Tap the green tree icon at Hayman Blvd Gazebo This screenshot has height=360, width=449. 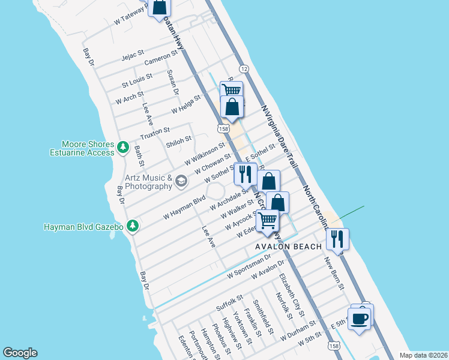(x=133, y=226)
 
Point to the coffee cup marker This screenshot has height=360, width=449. (x=360, y=319)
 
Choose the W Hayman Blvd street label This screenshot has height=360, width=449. (x=184, y=207)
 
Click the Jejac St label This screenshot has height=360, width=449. (x=133, y=57)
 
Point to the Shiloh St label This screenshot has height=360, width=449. (x=179, y=140)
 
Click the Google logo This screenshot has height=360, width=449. (x=20, y=353)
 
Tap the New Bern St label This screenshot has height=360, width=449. (x=334, y=274)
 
